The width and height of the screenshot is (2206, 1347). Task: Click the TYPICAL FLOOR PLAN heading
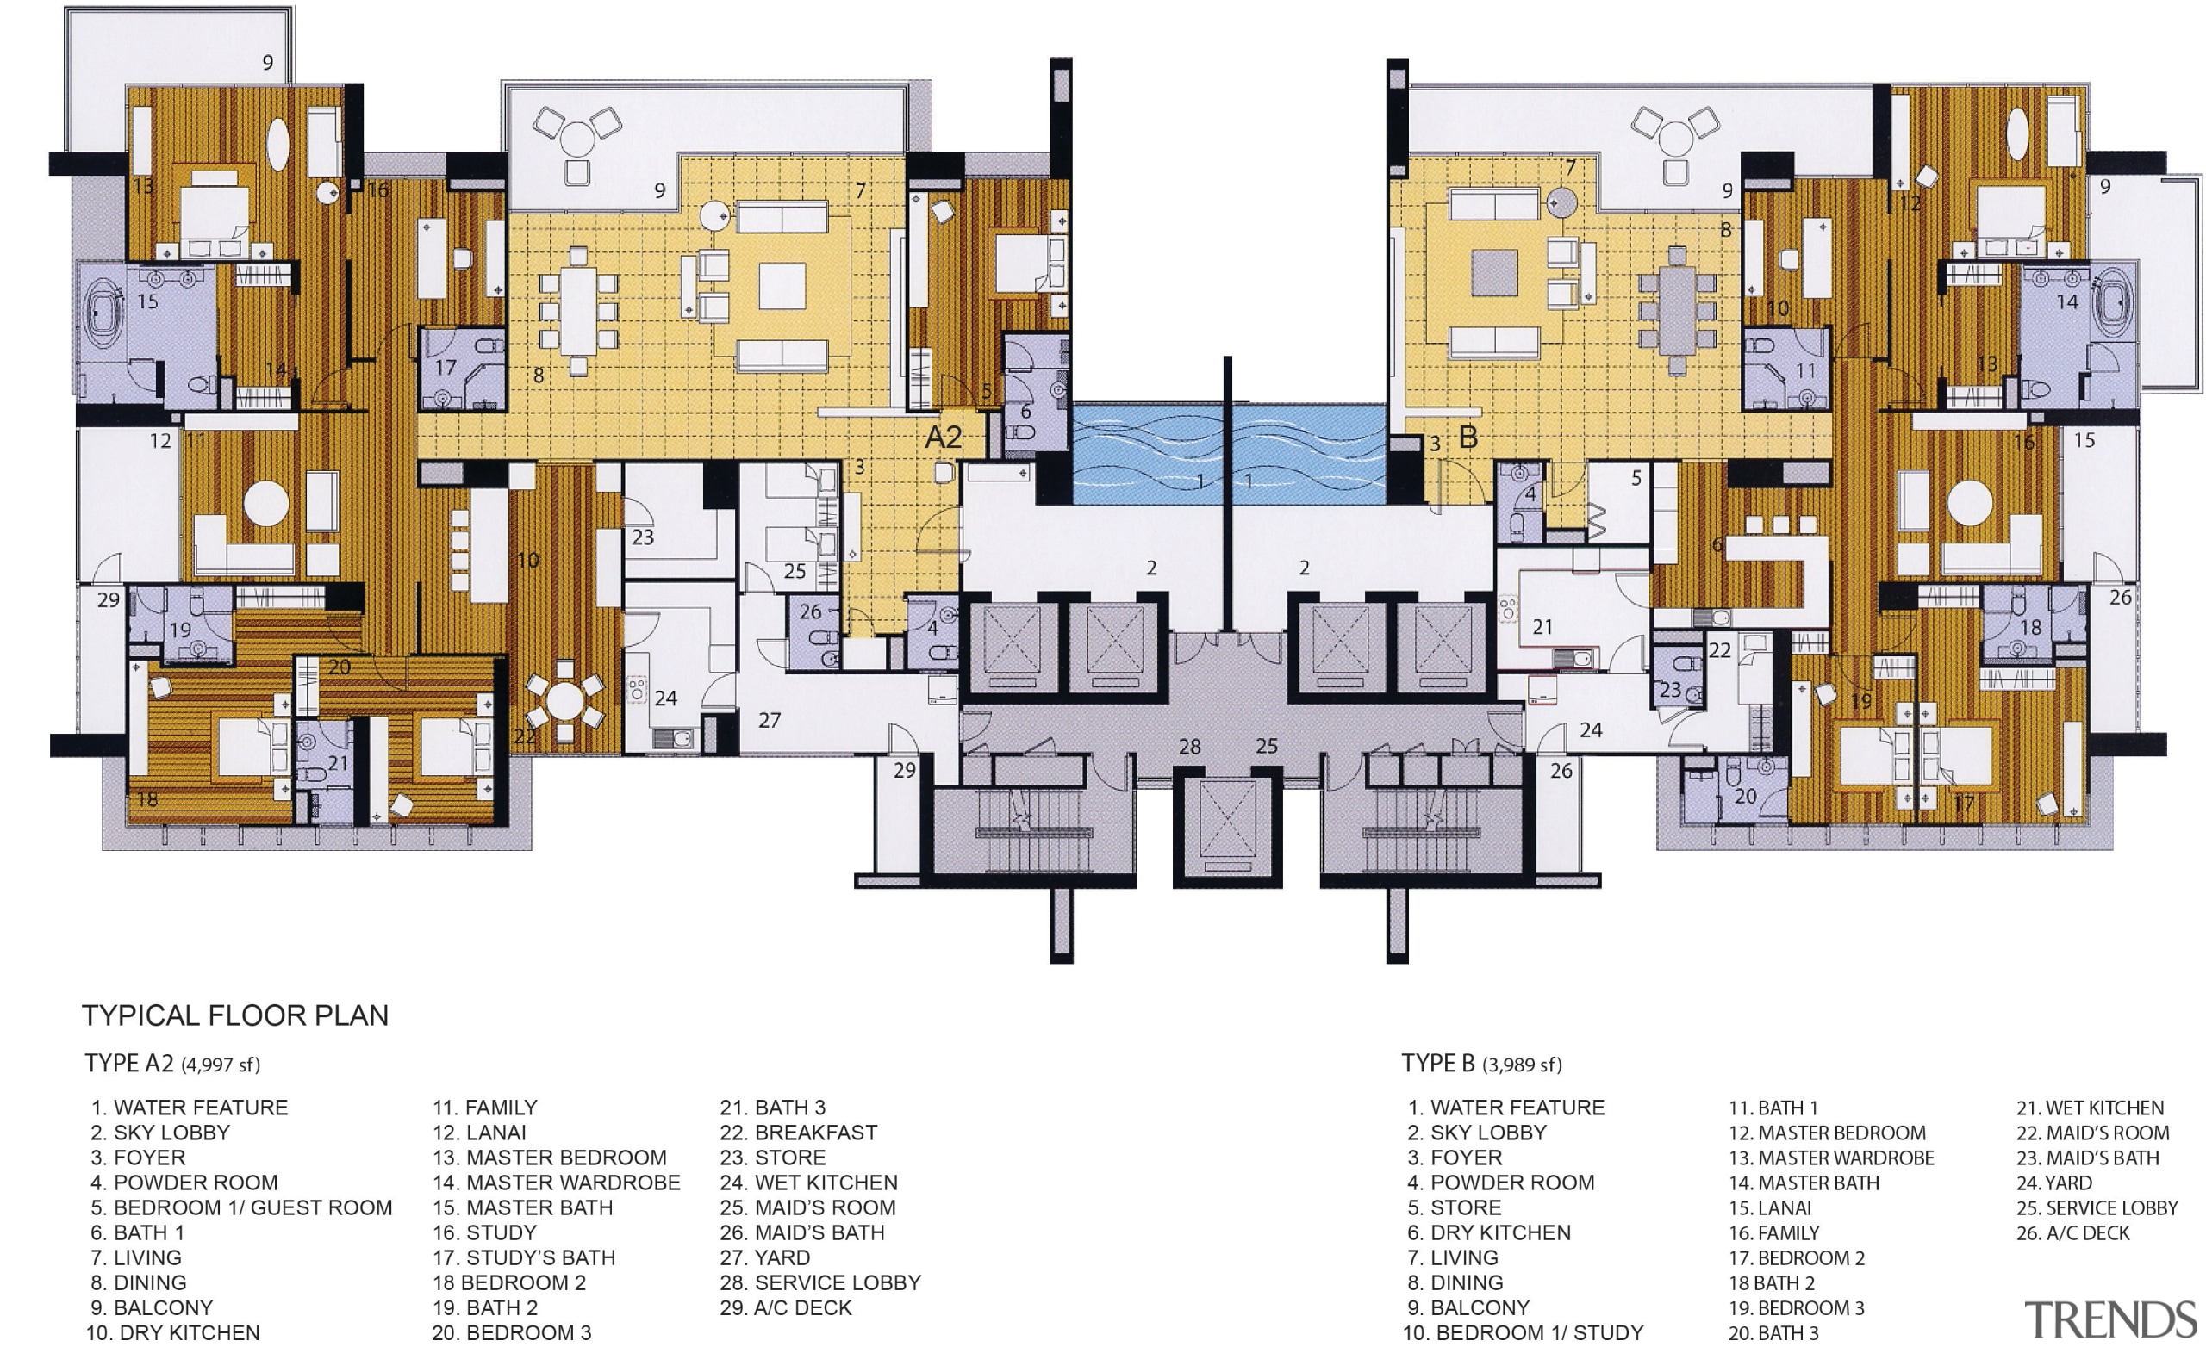[235, 1015]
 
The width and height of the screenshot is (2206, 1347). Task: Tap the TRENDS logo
[2111, 1320]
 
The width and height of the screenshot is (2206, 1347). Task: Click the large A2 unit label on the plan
[943, 438]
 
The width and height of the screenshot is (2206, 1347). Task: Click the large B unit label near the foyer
[1468, 438]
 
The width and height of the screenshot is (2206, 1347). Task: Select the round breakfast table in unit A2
[565, 701]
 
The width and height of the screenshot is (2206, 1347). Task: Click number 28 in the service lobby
[1189, 747]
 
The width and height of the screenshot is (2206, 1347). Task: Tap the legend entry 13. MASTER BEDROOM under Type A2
[550, 1158]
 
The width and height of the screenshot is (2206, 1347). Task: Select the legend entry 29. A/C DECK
[786, 1307]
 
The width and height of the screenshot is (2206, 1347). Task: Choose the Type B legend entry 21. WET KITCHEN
[2090, 1107]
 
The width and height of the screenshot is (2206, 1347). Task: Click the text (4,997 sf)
[221, 1065]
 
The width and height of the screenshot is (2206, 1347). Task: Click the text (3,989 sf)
[1522, 1065]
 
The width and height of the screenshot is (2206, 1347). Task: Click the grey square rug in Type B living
[1494, 273]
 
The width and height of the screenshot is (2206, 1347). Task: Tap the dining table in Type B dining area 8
[1677, 311]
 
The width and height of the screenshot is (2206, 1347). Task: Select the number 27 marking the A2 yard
[769, 720]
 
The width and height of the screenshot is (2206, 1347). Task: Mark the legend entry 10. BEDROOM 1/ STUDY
[1523, 1332]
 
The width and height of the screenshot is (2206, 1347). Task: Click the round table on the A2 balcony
[577, 139]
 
